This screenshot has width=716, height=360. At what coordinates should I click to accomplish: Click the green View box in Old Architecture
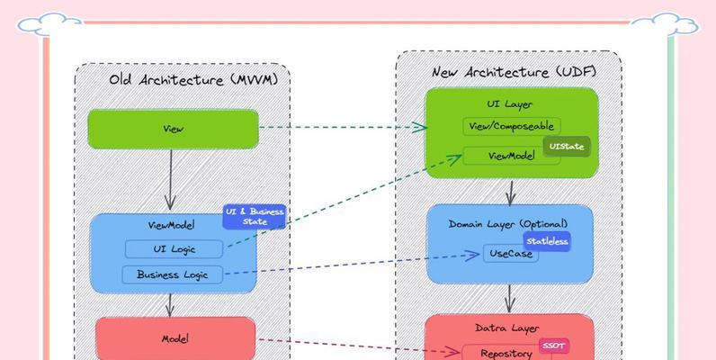pos(173,129)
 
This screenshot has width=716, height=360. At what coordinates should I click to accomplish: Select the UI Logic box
pos(174,249)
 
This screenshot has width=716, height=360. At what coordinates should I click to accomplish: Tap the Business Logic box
pos(172,274)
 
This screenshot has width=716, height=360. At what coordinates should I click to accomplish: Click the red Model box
pos(174,338)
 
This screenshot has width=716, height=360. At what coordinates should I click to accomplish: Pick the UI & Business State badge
pos(255,216)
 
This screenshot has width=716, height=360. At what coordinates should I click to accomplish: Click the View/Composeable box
pos(511,127)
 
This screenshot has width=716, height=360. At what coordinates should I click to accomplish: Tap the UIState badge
pos(566,146)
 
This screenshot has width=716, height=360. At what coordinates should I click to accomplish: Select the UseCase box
pos(510,254)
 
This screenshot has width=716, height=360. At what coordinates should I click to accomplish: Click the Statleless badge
pos(547,241)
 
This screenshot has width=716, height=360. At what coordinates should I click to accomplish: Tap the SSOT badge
pos(553,345)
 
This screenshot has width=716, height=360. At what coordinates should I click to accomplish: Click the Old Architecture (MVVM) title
pos(193,80)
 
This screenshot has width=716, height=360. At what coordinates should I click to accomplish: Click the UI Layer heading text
pos(510,104)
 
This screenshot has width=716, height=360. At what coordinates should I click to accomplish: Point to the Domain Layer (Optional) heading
pos(508,222)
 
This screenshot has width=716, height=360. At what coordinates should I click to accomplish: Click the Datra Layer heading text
pos(509,328)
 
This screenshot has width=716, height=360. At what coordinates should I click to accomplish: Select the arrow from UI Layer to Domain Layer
pos(510,192)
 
